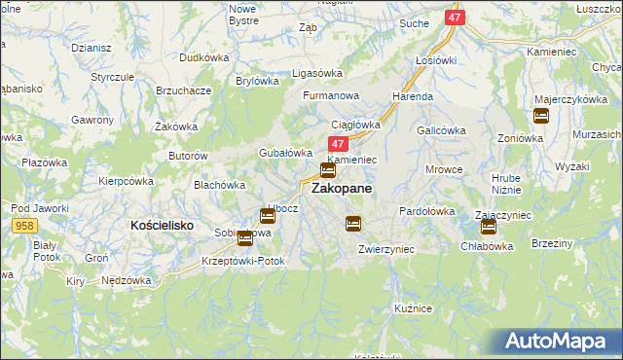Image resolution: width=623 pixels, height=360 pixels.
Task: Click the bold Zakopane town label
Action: [341, 190]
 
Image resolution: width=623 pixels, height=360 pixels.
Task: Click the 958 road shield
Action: [27, 225]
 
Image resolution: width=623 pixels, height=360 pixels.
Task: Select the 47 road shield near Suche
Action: [455, 18]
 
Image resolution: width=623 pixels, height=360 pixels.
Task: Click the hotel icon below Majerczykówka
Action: [541, 117]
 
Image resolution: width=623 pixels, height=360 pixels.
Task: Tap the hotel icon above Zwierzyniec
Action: [353, 224]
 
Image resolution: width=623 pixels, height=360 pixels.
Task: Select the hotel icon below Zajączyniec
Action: [489, 227]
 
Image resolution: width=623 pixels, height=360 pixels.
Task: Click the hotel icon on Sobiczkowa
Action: [243, 237]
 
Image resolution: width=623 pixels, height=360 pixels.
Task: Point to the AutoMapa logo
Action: [557, 342]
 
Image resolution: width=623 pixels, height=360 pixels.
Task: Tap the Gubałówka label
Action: [284, 153]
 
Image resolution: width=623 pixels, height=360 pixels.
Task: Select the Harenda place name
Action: [412, 97]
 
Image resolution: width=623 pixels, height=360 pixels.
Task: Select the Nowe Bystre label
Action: [241, 14]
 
